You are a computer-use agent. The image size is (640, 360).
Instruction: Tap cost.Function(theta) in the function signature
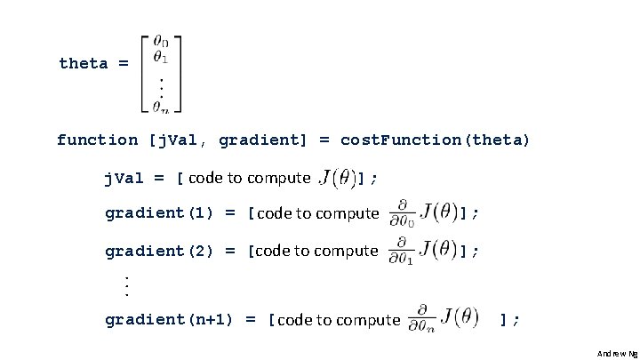pyautogui.click(x=435, y=140)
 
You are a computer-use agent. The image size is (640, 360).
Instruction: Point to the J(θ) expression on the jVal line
pyautogui.click(x=338, y=178)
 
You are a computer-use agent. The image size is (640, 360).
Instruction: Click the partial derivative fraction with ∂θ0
pyautogui.click(x=403, y=213)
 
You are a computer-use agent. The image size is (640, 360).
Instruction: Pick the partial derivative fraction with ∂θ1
pyautogui.click(x=403, y=251)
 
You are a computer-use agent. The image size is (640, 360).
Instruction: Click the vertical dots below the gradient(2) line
pyautogui.click(x=126, y=285)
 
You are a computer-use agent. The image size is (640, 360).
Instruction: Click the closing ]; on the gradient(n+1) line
pyautogui.click(x=509, y=319)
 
